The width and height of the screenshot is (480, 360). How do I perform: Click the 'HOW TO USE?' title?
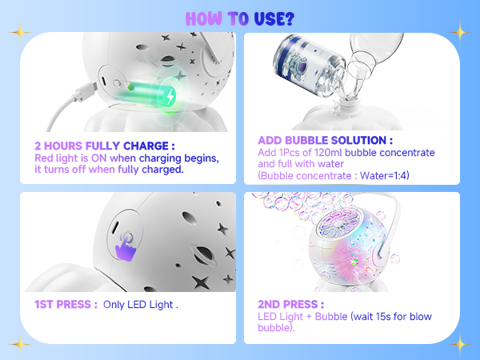point(240,17)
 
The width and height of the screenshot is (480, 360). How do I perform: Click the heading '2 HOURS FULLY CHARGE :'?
point(104,146)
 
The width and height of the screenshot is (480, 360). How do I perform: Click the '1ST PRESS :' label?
point(66,305)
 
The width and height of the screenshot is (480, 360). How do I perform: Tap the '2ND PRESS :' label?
point(290,305)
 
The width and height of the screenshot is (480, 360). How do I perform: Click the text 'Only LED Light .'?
point(141,305)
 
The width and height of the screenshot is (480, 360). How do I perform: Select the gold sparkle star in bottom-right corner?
point(460,343)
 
